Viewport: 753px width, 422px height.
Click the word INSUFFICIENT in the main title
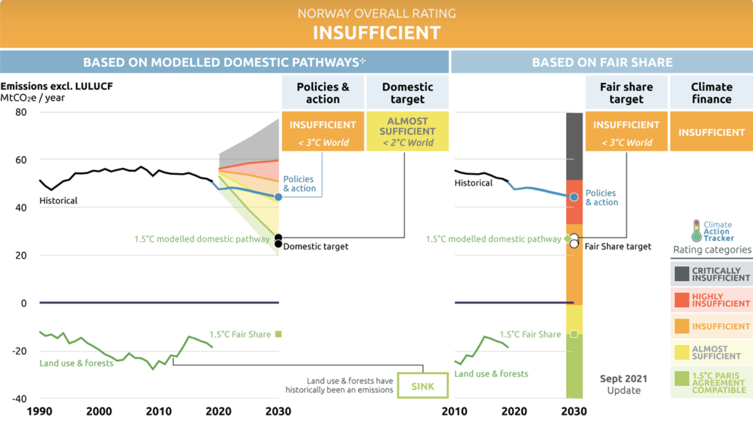pos(376,33)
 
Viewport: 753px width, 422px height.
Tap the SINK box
pos(423,386)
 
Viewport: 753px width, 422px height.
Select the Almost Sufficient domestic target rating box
pos(407,131)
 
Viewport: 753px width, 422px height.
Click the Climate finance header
pos(711,93)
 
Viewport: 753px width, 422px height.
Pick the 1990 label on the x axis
pos(40,411)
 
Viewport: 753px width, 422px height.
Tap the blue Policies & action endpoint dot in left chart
pos(278,197)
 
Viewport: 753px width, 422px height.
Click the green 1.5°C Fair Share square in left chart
pos(278,334)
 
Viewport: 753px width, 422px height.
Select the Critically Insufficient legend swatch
pos(682,274)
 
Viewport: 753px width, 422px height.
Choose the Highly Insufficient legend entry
pos(712,300)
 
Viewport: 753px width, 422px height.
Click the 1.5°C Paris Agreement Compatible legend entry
pos(712,382)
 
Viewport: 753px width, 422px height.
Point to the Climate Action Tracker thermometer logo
pos(696,231)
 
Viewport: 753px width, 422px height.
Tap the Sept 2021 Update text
pos(624,385)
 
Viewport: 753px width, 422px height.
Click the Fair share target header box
pos(626,93)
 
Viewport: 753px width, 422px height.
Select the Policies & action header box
pos(323,93)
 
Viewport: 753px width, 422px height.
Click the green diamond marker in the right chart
pos(567,238)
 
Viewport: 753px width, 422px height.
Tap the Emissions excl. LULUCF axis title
pos(57,86)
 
